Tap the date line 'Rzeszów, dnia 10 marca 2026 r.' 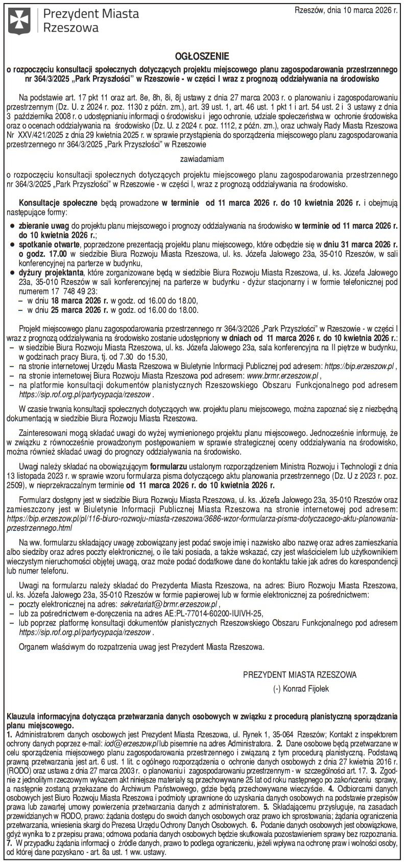348,10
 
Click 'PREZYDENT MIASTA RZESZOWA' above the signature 300,674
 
